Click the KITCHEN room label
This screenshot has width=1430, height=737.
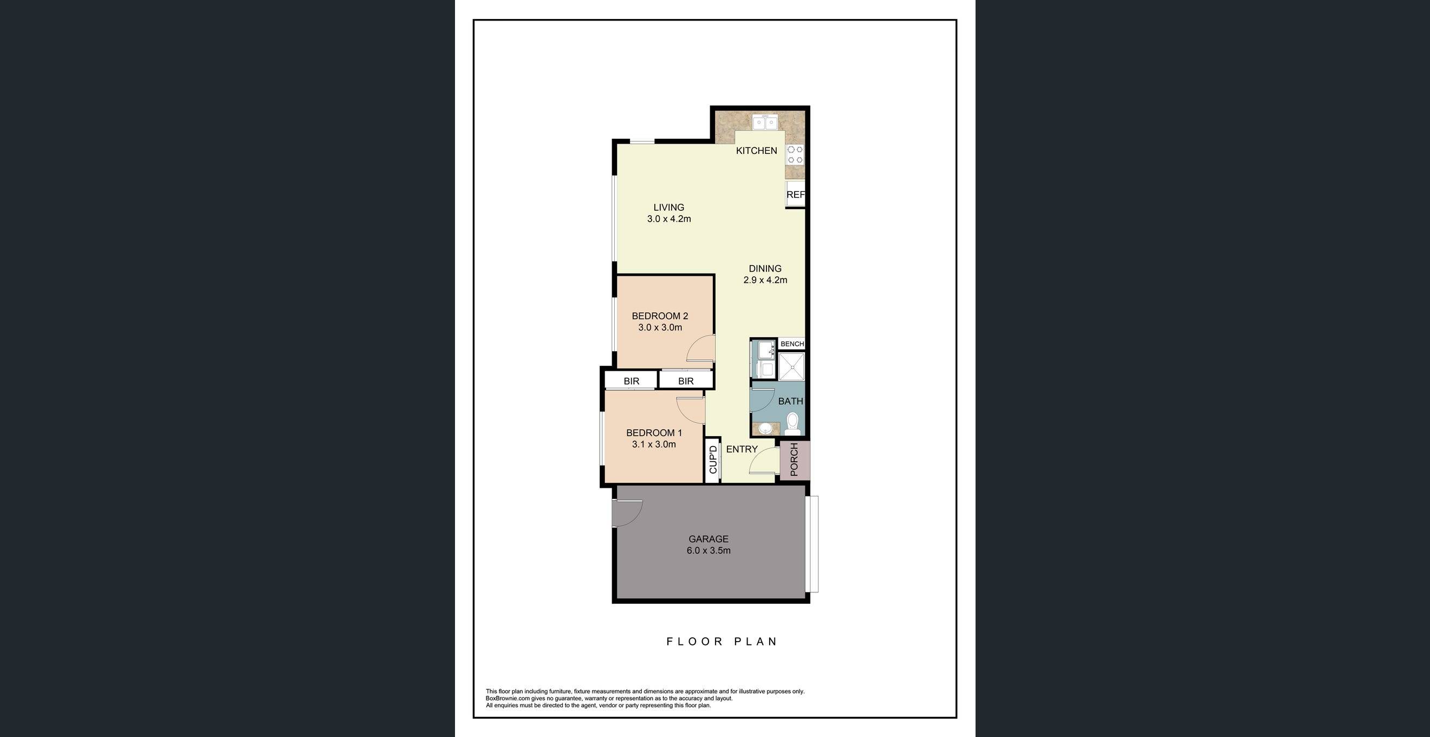click(x=756, y=151)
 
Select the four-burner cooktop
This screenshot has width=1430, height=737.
click(x=795, y=155)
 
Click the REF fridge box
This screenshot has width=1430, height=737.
click(x=795, y=195)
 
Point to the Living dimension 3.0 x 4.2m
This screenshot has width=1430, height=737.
click(x=668, y=219)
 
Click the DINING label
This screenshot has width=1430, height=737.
click(x=764, y=268)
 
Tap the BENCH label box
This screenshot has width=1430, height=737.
click(x=791, y=344)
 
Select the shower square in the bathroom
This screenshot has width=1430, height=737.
click(x=791, y=366)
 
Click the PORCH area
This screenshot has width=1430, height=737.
click(x=795, y=460)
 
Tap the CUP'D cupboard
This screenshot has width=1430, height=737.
click(x=713, y=460)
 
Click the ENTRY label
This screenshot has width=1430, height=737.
click(x=742, y=449)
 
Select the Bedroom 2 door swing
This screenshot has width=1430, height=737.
click(x=700, y=350)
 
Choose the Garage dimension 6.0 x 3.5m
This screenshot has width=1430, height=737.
click(x=708, y=551)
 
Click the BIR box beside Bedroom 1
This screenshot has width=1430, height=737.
click(x=631, y=381)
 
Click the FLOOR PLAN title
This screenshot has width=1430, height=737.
click(x=721, y=642)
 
